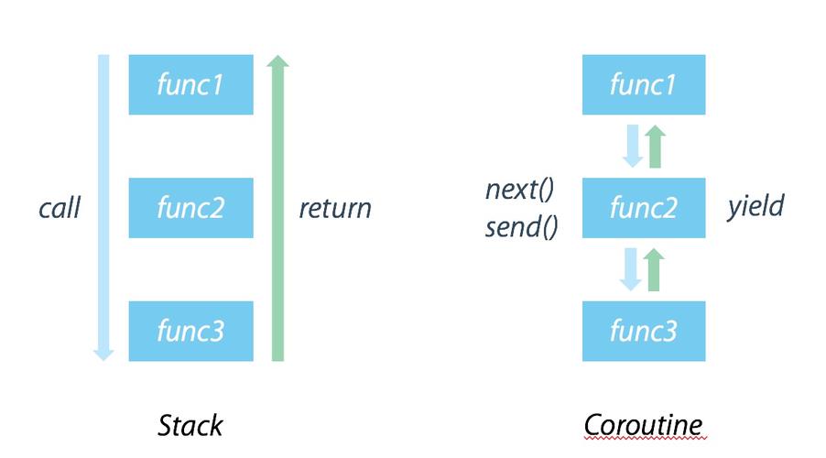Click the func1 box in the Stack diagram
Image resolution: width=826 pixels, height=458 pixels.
coord(190,84)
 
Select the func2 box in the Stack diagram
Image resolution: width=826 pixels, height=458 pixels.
coord(190,208)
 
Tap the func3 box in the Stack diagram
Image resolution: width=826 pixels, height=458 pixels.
coord(190,331)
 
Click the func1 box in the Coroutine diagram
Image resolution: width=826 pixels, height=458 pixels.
coord(644,84)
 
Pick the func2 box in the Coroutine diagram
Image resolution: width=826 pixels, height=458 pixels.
coord(644,208)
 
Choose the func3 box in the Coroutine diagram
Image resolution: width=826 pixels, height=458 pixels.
coord(644,331)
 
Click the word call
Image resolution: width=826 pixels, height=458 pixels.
coord(60,209)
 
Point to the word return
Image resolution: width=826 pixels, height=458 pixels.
coord(335,209)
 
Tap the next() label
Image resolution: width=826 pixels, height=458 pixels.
coord(519,191)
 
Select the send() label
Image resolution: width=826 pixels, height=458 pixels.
coord(521,226)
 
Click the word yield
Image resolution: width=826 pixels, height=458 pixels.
coord(755,206)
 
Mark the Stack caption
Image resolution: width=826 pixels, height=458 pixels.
coord(190,425)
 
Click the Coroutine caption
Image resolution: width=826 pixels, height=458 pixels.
coord(644,425)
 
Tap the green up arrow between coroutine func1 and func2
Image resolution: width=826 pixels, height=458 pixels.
coord(655,147)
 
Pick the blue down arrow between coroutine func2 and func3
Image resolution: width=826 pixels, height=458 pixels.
coord(631,269)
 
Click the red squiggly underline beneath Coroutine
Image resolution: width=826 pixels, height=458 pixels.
coord(644,438)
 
